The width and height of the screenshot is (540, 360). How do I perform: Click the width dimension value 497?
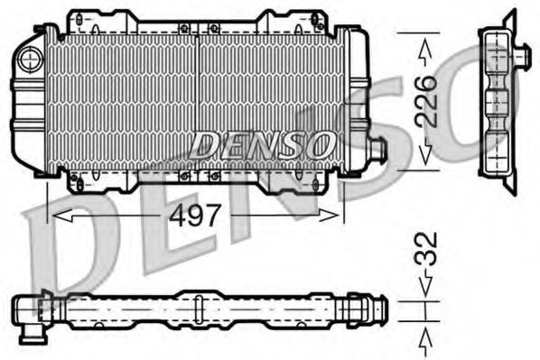(x=196, y=217)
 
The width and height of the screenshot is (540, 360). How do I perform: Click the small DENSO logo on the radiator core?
(x=263, y=143)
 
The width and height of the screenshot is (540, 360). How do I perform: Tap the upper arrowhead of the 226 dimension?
(x=426, y=41)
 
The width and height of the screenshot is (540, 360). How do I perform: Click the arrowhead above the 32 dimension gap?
(x=426, y=291)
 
